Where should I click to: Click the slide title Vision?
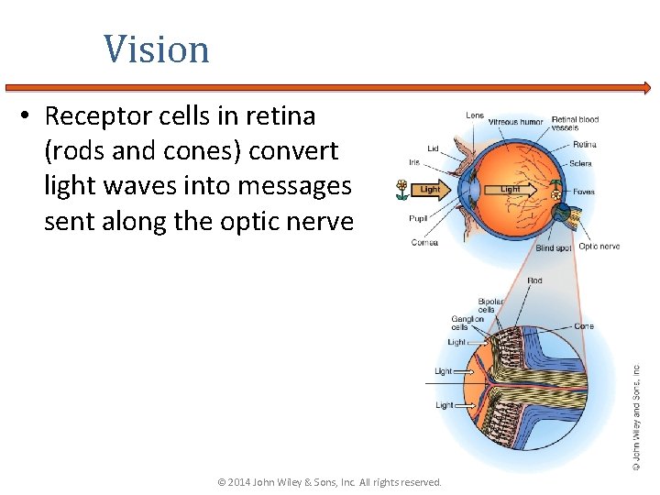click(x=156, y=49)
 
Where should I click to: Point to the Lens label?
click(x=475, y=115)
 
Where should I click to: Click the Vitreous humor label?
click(x=515, y=122)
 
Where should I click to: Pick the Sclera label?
click(x=580, y=163)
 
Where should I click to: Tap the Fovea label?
click(x=583, y=192)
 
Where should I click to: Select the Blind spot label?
click(x=553, y=247)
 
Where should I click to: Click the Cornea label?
click(x=424, y=243)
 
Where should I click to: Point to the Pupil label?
click(x=418, y=218)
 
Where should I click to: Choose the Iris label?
click(x=414, y=162)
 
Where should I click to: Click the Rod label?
click(x=534, y=280)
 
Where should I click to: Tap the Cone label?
click(x=583, y=325)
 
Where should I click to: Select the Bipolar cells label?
click(x=489, y=305)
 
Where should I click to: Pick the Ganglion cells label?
click(x=467, y=323)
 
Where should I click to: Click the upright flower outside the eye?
click(x=401, y=190)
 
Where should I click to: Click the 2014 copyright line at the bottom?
click(x=328, y=482)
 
